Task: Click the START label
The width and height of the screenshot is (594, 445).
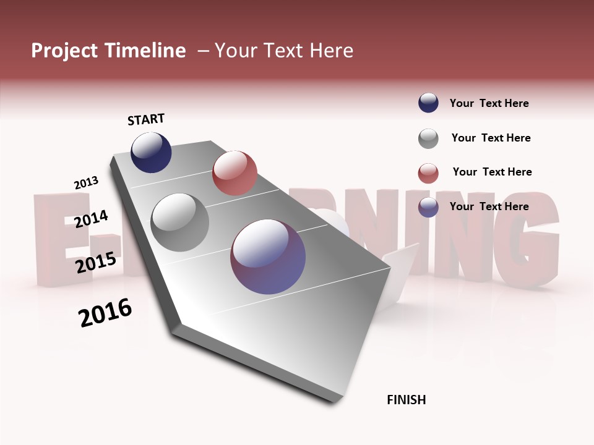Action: click(x=146, y=119)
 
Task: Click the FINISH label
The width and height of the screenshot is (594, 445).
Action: click(x=407, y=400)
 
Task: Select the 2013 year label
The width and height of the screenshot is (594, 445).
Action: click(x=86, y=183)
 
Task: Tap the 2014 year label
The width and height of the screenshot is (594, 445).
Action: click(x=91, y=219)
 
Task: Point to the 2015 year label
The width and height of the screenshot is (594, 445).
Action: click(x=96, y=263)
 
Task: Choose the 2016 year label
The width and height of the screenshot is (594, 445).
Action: click(x=106, y=313)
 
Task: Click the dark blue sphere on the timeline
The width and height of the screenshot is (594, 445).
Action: click(x=151, y=152)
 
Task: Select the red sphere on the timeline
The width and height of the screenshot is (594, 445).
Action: click(x=235, y=173)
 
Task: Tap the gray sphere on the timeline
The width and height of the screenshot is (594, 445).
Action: click(x=180, y=222)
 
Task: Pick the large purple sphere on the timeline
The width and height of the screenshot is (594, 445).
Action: click(x=268, y=256)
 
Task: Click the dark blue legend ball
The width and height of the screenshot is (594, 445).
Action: click(x=428, y=103)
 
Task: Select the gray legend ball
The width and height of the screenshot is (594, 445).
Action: click(x=428, y=138)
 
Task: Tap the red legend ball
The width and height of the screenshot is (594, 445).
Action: click(x=428, y=173)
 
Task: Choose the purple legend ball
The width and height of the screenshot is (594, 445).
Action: click(x=428, y=207)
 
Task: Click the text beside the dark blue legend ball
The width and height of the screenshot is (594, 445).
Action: click(x=489, y=103)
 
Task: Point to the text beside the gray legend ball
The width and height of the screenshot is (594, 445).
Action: click(x=491, y=138)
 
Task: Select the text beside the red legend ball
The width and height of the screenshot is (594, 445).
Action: click(x=492, y=172)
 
